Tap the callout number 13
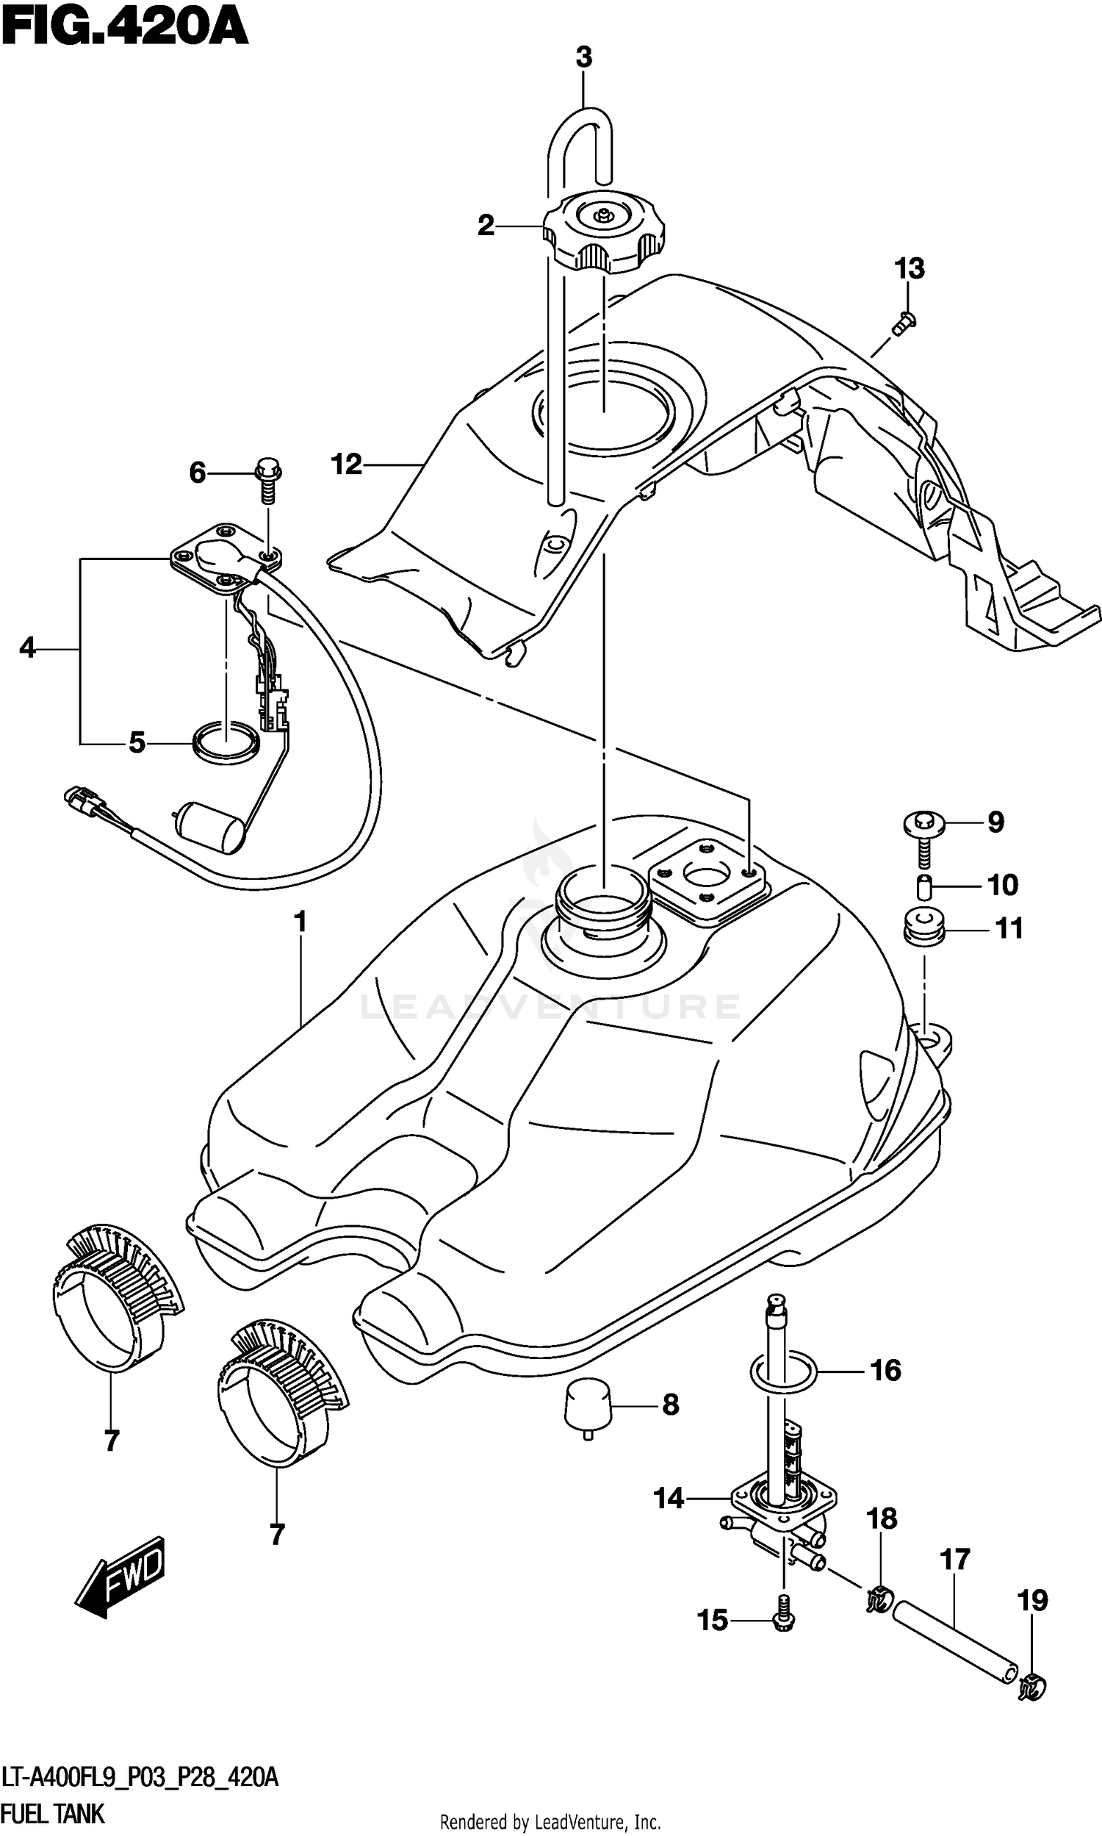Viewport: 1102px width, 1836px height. pos(910,268)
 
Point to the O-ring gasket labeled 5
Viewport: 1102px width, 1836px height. pos(226,741)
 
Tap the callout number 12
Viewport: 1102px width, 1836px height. pos(346,465)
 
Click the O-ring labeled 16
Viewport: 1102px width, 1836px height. pos(784,1370)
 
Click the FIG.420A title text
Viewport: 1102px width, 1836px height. pos(124,27)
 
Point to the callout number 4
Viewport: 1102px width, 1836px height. pos(27,648)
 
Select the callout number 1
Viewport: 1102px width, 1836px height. pos(300,922)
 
